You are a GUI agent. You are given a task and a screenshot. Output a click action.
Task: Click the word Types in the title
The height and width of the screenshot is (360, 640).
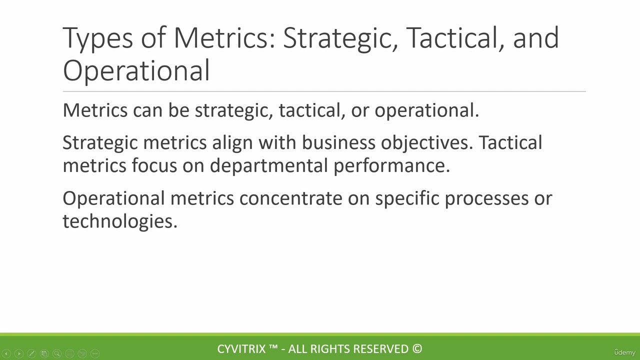coord(97,38)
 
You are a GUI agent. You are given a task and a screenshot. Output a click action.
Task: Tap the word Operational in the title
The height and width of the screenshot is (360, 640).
coord(136,71)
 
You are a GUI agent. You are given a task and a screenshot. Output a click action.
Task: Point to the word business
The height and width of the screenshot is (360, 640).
coord(338,142)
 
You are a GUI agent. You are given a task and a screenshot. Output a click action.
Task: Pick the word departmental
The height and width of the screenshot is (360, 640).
coord(269,166)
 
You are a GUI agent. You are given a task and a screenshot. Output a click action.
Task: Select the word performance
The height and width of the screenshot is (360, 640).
coord(391,166)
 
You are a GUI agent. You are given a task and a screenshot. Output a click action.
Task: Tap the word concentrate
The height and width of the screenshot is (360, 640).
coord(290,198)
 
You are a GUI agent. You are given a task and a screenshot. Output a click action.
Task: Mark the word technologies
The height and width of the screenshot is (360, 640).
coord(120,221)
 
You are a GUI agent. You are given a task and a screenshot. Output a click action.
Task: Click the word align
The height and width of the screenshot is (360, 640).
coord(232,143)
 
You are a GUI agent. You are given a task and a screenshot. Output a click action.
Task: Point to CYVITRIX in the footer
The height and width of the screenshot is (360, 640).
coord(241,349)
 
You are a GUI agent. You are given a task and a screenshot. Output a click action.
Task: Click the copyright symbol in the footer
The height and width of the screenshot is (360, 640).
coord(417,349)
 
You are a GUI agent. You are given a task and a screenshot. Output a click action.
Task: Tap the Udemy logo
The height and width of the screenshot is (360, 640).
coord(624,352)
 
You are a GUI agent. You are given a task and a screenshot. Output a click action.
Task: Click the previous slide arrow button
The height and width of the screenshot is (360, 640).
coord(6,353)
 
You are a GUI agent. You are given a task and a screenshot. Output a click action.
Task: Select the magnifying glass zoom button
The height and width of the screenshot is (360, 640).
coord(57,353)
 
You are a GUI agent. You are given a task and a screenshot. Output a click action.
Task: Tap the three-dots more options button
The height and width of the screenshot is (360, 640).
coord(95,353)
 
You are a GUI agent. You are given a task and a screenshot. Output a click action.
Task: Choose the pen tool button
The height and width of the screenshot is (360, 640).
coord(31,353)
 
